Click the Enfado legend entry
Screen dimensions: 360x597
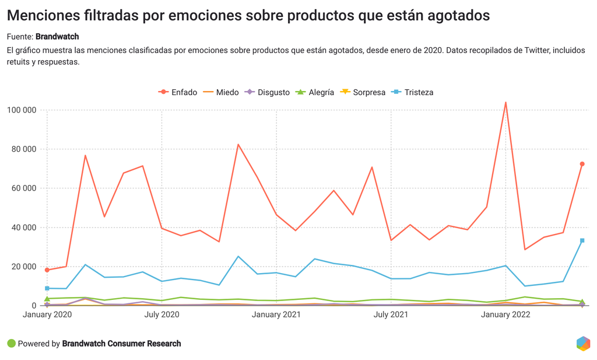[178, 92]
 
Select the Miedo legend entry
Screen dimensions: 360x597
[221, 92]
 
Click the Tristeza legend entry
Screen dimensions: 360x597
[412, 92]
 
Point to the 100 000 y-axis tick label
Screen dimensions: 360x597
[22, 110]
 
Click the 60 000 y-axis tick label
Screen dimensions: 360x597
[24, 188]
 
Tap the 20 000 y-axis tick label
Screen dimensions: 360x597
[24, 267]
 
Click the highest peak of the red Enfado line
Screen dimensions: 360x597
[505, 103]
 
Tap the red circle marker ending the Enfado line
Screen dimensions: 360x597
[582, 164]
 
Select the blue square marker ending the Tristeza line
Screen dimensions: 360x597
[582, 240]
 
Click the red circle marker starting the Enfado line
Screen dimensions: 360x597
[47, 270]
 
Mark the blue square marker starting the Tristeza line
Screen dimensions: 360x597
[47, 288]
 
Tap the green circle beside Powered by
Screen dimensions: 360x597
[11, 344]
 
